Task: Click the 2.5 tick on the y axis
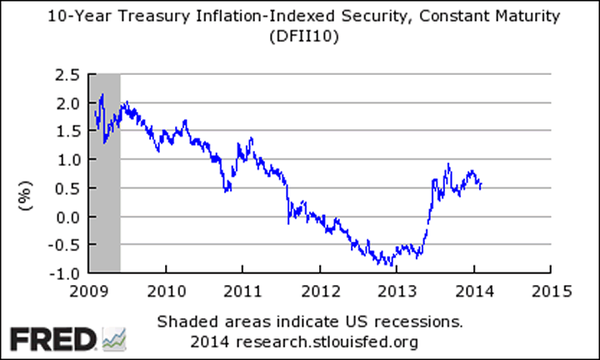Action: click(67, 75)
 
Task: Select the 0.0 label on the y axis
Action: click(67, 216)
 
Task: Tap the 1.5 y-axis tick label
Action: click(67, 132)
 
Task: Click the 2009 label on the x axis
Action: click(89, 291)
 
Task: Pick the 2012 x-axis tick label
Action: click(318, 291)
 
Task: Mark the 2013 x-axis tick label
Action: click(396, 291)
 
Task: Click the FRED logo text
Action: click(52, 339)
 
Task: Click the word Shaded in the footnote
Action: click(184, 322)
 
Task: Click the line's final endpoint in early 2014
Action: click(481, 187)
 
